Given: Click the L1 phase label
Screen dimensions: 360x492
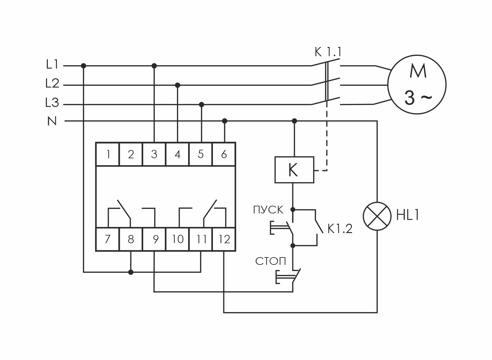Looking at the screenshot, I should [x=52, y=65].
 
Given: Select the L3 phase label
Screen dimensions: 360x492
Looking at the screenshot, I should [x=52, y=104].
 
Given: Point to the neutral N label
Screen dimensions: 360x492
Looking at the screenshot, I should [x=52, y=121].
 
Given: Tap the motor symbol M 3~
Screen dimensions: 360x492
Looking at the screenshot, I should [x=417, y=85].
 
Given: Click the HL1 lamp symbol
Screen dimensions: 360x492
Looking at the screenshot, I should [x=377, y=216].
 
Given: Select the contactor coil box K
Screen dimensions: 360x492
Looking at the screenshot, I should [x=294, y=170].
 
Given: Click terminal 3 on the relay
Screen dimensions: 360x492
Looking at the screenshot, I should [x=154, y=154].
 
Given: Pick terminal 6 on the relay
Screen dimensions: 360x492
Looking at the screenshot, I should [x=224, y=154].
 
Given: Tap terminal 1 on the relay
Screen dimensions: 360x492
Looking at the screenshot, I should [x=108, y=154].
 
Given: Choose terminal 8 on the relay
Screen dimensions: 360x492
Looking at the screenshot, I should [x=131, y=239].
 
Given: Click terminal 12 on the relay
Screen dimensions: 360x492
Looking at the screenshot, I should [x=224, y=239].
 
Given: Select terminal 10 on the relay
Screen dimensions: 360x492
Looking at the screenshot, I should [x=178, y=239].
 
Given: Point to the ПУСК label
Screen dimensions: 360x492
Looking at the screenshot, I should [x=268, y=210].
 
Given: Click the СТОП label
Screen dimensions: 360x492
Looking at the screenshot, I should [x=270, y=261].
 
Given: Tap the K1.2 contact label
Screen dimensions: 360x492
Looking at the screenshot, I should [x=340, y=229].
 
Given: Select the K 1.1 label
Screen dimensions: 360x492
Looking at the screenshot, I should [x=328, y=52].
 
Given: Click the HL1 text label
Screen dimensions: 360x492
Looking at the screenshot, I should [x=408, y=216].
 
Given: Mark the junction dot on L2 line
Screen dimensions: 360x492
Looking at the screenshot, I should [x=178, y=85].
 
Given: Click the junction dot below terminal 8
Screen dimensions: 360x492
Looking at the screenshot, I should [x=131, y=272].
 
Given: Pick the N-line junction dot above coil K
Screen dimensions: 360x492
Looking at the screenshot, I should [x=294, y=121].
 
